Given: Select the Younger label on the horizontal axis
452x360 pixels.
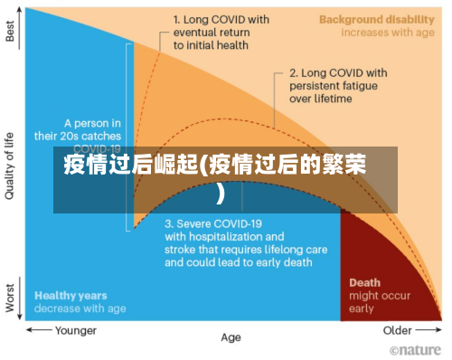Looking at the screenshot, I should (x=76, y=330).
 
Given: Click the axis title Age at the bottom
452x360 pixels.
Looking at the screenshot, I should (x=231, y=337).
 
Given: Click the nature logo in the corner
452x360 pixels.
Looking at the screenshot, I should (x=415, y=349).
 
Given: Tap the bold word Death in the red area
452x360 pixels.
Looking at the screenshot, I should (x=364, y=282).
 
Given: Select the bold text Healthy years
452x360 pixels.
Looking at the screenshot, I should (x=71, y=296).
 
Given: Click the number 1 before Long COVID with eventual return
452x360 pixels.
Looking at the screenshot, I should (x=175, y=17).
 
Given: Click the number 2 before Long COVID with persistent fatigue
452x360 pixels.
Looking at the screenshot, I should (x=292, y=72).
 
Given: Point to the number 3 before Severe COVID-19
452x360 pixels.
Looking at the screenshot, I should (x=169, y=223).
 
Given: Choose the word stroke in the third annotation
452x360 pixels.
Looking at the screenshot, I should (x=182, y=250).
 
